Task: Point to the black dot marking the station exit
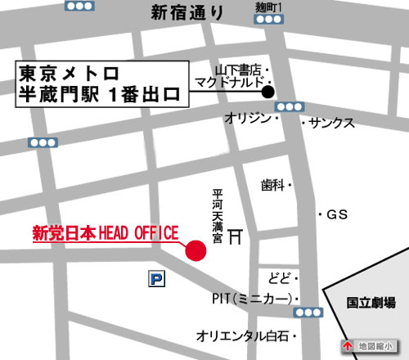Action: pos(267,92)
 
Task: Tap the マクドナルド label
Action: pos(228,82)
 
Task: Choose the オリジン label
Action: pos(247,120)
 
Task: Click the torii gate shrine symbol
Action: pos(236,236)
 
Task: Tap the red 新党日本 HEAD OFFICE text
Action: pos(104,234)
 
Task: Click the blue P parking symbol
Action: pos(155,280)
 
